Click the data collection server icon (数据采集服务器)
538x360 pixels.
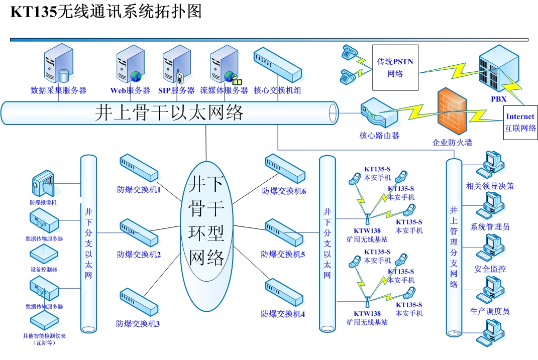pos(57,64)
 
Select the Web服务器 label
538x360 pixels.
pos(130,91)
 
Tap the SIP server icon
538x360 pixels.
pos(176,64)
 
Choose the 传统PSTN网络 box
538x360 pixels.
pos(395,67)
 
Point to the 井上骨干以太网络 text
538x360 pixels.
pos(169,113)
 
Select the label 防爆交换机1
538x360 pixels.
pos(139,190)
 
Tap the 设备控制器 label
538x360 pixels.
pos(44,269)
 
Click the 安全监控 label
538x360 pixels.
pos(490,269)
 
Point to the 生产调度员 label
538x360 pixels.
pos(490,311)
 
